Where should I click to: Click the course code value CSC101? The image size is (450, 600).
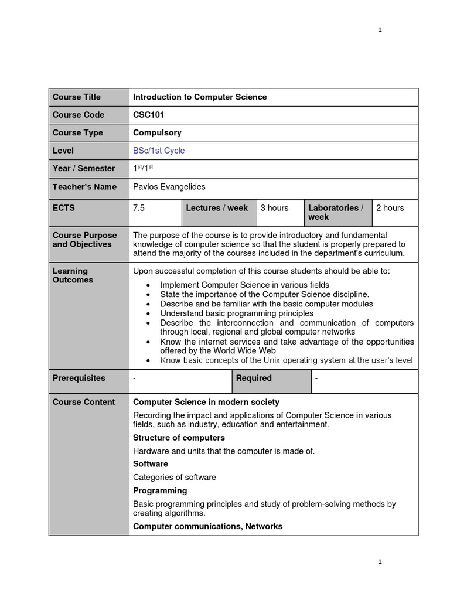pyautogui.click(x=148, y=115)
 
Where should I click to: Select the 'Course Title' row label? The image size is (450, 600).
pyautogui.click(x=77, y=97)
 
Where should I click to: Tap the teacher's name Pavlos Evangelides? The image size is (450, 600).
pyautogui.click(x=169, y=186)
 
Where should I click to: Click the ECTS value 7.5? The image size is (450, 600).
pyautogui.click(x=139, y=208)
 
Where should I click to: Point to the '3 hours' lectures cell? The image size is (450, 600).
pyautogui.click(x=275, y=208)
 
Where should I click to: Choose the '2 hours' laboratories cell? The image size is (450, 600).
pyautogui.click(x=390, y=208)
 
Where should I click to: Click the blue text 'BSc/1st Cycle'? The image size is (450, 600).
pyautogui.click(x=159, y=151)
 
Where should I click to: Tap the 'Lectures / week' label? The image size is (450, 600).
pyautogui.click(x=217, y=208)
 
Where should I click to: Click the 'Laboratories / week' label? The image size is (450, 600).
pyautogui.click(x=336, y=212)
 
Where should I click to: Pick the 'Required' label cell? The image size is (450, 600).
pyautogui.click(x=254, y=379)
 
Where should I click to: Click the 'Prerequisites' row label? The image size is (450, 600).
pyautogui.click(x=79, y=379)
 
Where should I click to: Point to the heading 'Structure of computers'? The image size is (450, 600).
pyautogui.click(x=179, y=438)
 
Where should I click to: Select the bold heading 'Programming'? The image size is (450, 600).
pyautogui.click(x=160, y=490)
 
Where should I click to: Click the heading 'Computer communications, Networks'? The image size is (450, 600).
pyautogui.click(x=207, y=526)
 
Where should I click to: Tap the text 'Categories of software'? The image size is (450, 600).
pyautogui.click(x=174, y=477)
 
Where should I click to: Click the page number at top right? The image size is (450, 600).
pyautogui.click(x=380, y=30)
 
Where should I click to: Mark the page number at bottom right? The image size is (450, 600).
pyautogui.click(x=380, y=561)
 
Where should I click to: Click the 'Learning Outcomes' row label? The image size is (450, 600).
pyautogui.click(x=73, y=275)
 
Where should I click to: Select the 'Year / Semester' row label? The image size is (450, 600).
pyautogui.click(x=84, y=169)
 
